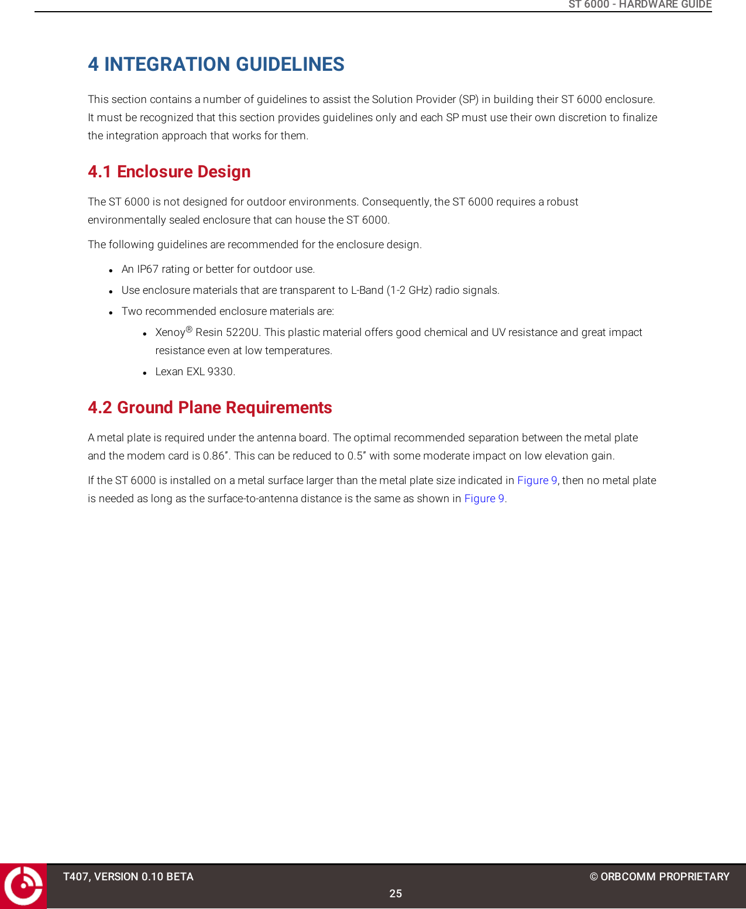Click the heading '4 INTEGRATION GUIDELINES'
[x=216, y=64]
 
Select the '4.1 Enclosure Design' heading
[x=169, y=172]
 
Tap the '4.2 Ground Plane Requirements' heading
[x=209, y=408]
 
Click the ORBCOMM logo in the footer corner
[x=23, y=886]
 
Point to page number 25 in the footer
[x=396, y=894]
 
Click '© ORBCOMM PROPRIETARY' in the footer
[x=659, y=877]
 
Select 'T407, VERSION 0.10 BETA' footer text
[x=128, y=877]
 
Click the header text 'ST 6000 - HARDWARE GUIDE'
[x=640, y=5]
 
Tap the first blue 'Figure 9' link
[x=537, y=481]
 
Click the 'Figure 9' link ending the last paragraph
[x=484, y=499]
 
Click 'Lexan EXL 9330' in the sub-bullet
[x=194, y=372]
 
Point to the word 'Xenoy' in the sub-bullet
[x=170, y=333]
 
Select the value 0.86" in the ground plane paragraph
[x=215, y=456]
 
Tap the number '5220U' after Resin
[x=242, y=332]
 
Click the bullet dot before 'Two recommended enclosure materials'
[x=111, y=313]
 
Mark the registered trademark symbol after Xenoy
[x=189, y=330]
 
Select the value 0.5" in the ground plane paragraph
[x=356, y=456]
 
